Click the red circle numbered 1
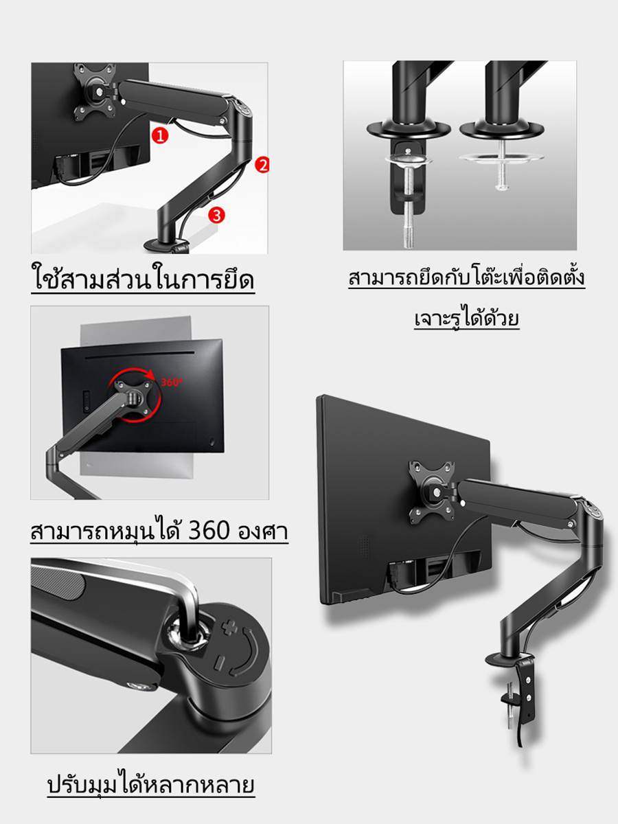pos(160,135)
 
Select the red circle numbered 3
pos(216,215)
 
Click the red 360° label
pos(172,382)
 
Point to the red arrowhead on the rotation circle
pos(150,374)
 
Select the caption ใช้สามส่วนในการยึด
pos(143,279)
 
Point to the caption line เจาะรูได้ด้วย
pos(467,319)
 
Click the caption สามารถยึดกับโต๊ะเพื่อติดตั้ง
pos(466,278)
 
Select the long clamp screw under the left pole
pos(409,207)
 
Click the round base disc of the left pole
pos(409,130)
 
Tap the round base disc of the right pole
pos(502,130)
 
